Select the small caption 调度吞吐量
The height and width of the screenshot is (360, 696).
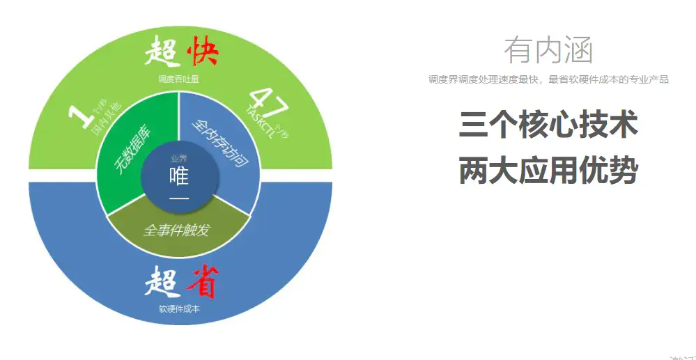click(x=178, y=79)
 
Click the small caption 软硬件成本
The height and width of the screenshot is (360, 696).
click(x=179, y=308)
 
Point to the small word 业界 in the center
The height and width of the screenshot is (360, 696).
click(x=179, y=159)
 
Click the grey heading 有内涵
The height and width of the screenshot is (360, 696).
click(x=548, y=50)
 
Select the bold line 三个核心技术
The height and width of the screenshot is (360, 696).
click(x=548, y=125)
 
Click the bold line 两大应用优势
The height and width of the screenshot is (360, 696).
click(x=548, y=170)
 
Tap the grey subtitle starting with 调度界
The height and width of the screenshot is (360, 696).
click(x=548, y=80)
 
